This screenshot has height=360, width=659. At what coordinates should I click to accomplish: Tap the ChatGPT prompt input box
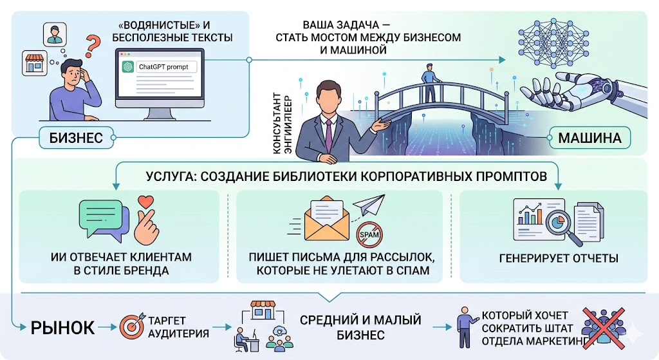click(x=157, y=66)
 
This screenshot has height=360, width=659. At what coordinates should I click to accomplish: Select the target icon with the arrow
click(x=132, y=328)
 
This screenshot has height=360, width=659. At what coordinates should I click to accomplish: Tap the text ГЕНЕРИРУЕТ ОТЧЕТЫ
click(x=558, y=259)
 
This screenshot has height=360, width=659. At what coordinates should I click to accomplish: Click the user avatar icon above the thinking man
click(x=53, y=34)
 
